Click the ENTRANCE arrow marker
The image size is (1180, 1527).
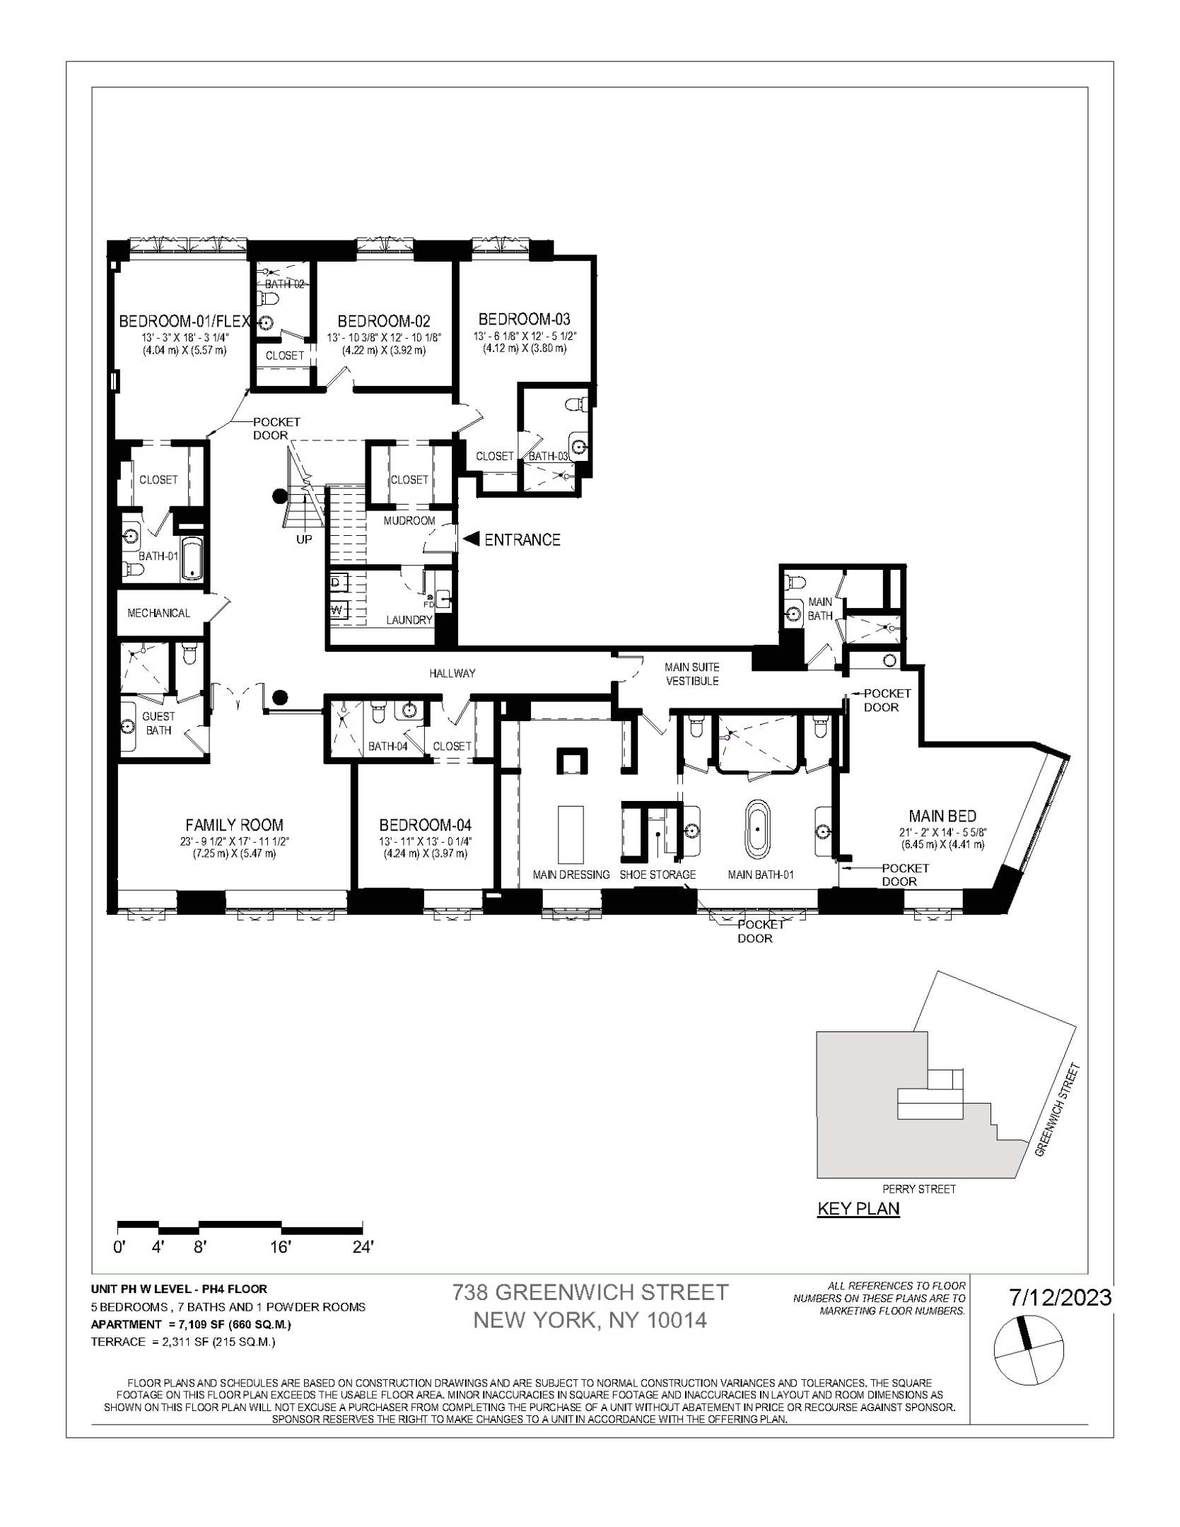471,539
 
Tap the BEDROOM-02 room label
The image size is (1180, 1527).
383,321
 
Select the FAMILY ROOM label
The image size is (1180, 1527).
234,824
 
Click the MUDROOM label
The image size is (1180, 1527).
409,521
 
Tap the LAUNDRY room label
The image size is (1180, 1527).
409,620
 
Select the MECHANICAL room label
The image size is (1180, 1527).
158,613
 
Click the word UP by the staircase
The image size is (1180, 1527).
303,539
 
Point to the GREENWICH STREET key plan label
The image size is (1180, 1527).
1058,1109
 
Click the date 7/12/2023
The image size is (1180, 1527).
1060,1298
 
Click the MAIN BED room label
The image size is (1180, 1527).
942,817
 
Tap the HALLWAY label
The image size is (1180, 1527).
452,673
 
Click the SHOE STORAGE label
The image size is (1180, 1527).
658,874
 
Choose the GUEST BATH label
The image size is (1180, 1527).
158,723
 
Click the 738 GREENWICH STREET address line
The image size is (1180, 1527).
590,1292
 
